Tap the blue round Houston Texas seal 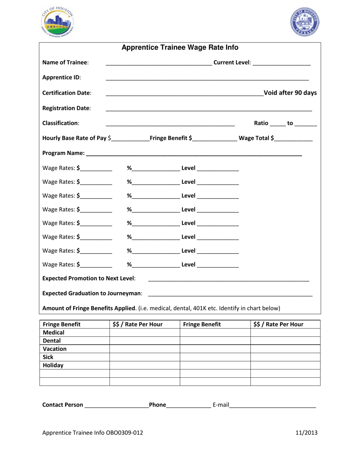305,22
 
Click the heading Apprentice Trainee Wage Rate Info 180,48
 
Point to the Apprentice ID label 61,78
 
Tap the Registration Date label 66,108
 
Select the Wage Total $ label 255,138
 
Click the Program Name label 64,153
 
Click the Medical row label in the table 53,332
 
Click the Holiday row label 53,366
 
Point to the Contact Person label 63,405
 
